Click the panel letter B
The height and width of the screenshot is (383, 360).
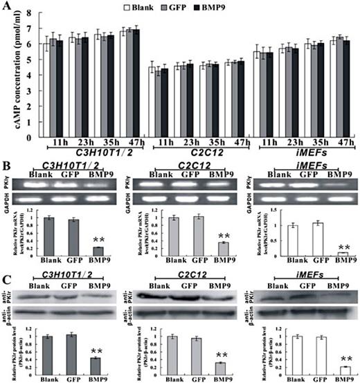[6, 167]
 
